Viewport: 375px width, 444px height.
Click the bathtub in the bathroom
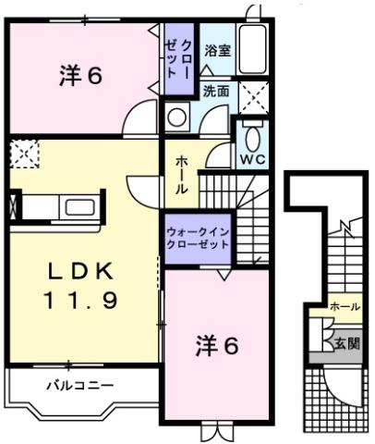[256, 50]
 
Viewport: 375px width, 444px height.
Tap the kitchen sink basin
[77, 203]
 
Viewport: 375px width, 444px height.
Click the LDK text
[80, 270]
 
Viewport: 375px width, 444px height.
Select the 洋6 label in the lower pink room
[217, 346]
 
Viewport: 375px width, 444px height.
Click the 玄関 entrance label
[347, 343]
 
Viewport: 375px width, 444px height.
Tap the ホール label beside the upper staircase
[181, 172]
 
